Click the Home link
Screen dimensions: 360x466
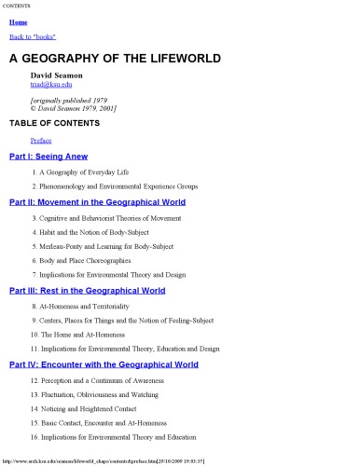tap(17, 21)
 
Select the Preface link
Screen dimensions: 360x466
tap(41, 140)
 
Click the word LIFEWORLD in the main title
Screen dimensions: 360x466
tap(178, 58)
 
